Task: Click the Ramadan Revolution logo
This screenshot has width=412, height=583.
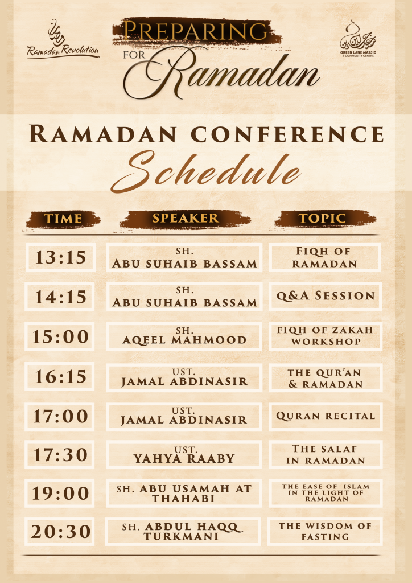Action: pyautogui.click(x=63, y=40)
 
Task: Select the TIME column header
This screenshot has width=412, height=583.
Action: pyautogui.click(x=63, y=219)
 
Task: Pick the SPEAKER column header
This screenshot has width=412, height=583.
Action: pyautogui.click(x=185, y=218)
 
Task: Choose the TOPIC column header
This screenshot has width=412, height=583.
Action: pyautogui.click(x=323, y=218)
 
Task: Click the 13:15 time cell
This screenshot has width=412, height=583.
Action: pyautogui.click(x=60, y=257)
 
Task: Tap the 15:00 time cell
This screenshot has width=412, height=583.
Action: pyautogui.click(x=60, y=336)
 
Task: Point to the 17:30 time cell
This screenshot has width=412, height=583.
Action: pyautogui.click(x=60, y=455)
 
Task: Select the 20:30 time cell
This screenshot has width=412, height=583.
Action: pyautogui.click(x=60, y=532)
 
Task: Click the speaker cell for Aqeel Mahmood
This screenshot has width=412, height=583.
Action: pyautogui.click(x=184, y=336)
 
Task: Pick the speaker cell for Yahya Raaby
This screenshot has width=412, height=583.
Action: pyautogui.click(x=184, y=454)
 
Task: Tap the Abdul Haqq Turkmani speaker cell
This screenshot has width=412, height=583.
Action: pyautogui.click(x=184, y=532)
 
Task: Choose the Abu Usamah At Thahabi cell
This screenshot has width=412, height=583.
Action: pyautogui.click(x=184, y=493)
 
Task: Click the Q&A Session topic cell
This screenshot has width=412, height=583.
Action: pyautogui.click(x=325, y=296)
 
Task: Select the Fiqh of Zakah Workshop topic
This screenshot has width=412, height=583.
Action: pyautogui.click(x=325, y=336)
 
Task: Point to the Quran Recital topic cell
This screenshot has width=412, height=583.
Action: pyautogui.click(x=325, y=416)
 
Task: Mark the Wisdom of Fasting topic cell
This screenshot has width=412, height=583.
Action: pyautogui.click(x=325, y=532)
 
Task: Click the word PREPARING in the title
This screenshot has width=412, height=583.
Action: pyautogui.click(x=196, y=31)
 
